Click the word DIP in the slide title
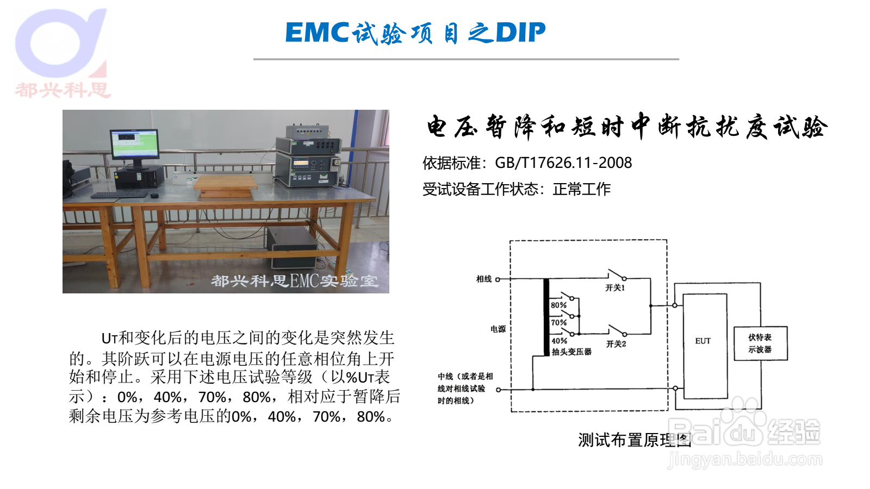click(520, 32)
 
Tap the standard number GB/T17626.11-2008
click(563, 162)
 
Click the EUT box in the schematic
click(705, 346)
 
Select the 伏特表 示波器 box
click(761, 343)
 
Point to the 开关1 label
click(615, 287)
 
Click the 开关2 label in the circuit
click(616, 344)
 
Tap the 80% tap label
click(558, 305)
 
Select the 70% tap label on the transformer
click(558, 323)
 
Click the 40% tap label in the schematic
click(560, 341)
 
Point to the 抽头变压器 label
click(571, 352)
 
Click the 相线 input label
click(484, 279)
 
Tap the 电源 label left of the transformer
click(498, 329)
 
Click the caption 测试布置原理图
click(635, 440)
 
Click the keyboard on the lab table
click(120, 195)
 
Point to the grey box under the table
click(291, 248)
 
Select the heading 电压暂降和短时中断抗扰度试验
click(627, 127)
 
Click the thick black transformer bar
click(546, 317)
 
